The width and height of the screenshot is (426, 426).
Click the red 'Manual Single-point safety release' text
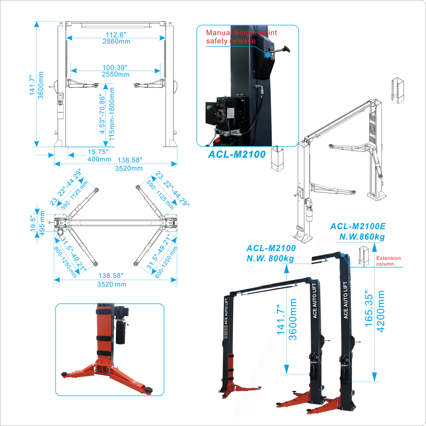(241, 37)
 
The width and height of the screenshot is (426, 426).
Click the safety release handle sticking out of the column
(282, 49)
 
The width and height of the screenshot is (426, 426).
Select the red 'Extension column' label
(388, 260)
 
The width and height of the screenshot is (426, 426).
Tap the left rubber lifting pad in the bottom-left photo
(64, 374)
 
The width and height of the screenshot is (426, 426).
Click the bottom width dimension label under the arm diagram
(115, 280)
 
